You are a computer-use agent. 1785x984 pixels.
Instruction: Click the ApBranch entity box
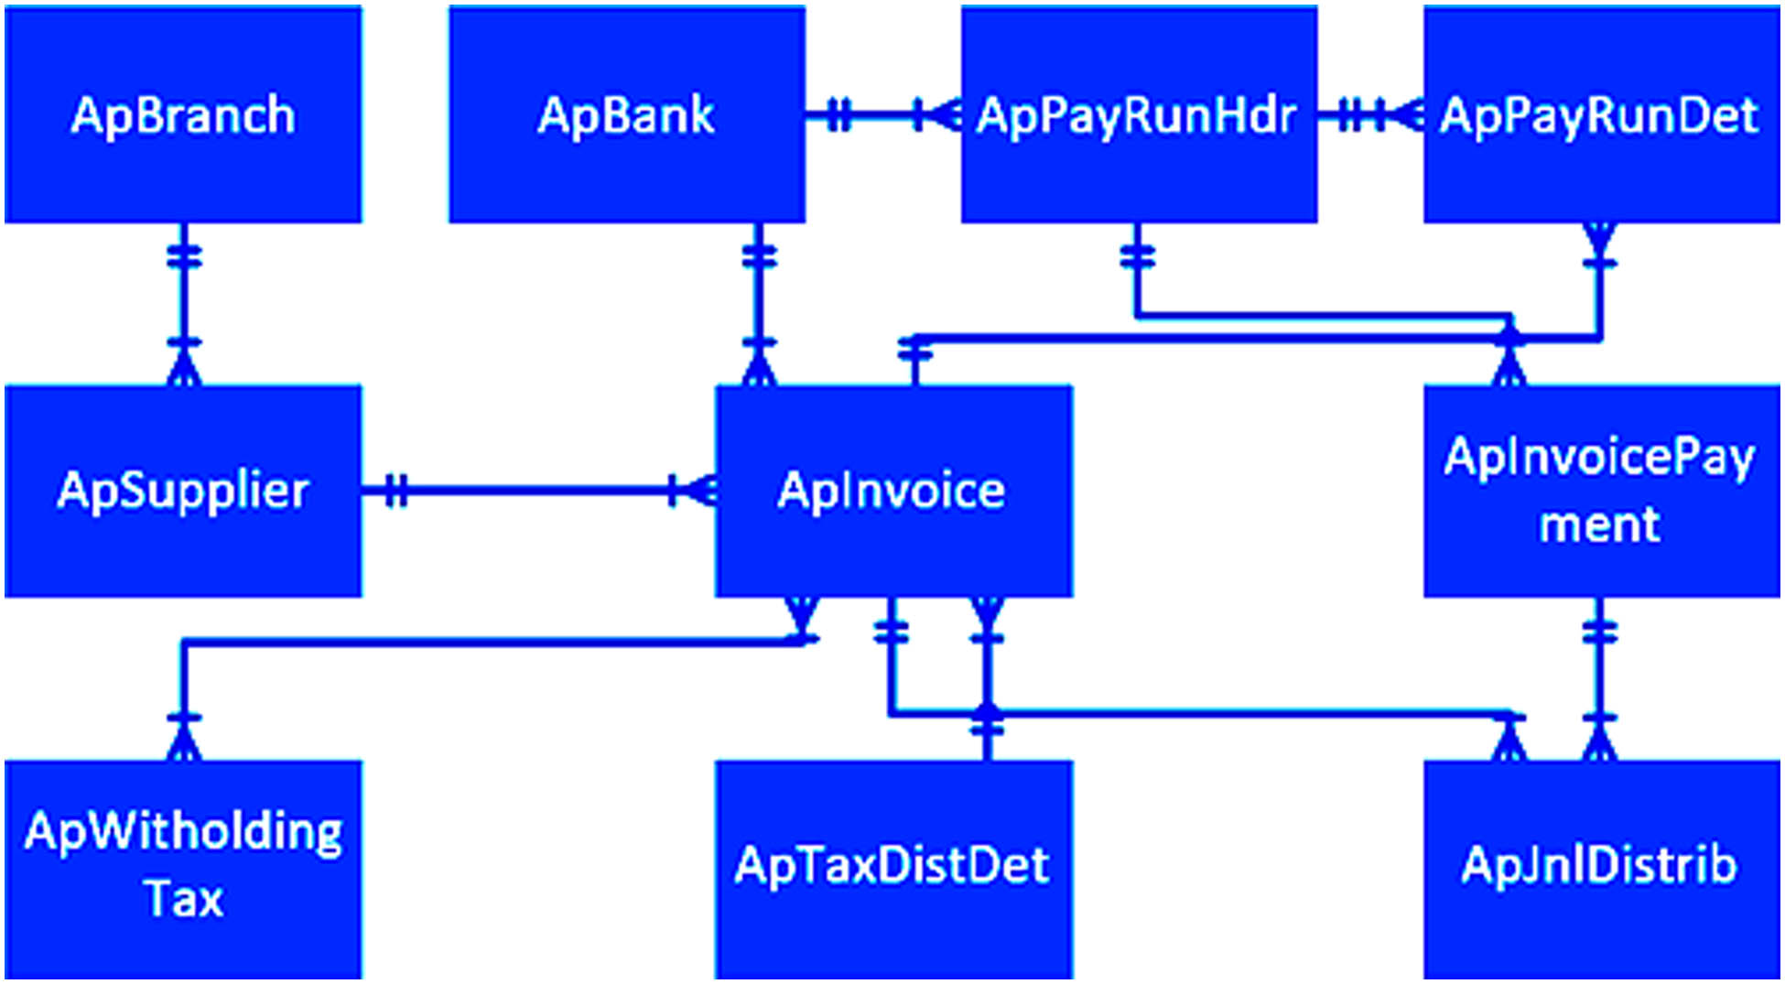pyautogui.click(x=183, y=114)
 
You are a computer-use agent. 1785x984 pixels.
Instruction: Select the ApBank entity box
pyautogui.click(x=627, y=114)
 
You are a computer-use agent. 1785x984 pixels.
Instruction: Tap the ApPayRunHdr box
pyautogui.click(x=1139, y=114)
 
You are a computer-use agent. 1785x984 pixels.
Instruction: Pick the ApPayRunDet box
pyautogui.click(x=1600, y=114)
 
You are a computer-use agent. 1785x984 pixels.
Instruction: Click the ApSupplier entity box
pyautogui.click(x=183, y=491)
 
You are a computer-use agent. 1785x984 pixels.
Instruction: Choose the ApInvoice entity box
pyautogui.click(x=892, y=491)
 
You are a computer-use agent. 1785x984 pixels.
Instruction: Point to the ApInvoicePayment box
pyautogui.click(x=1600, y=491)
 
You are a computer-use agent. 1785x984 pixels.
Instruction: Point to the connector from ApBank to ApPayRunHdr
pyautogui.click(x=879, y=115)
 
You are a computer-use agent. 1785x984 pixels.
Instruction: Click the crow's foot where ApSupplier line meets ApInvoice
pyautogui.click(x=700, y=491)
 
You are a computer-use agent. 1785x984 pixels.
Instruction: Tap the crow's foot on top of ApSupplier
pyautogui.click(x=184, y=366)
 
